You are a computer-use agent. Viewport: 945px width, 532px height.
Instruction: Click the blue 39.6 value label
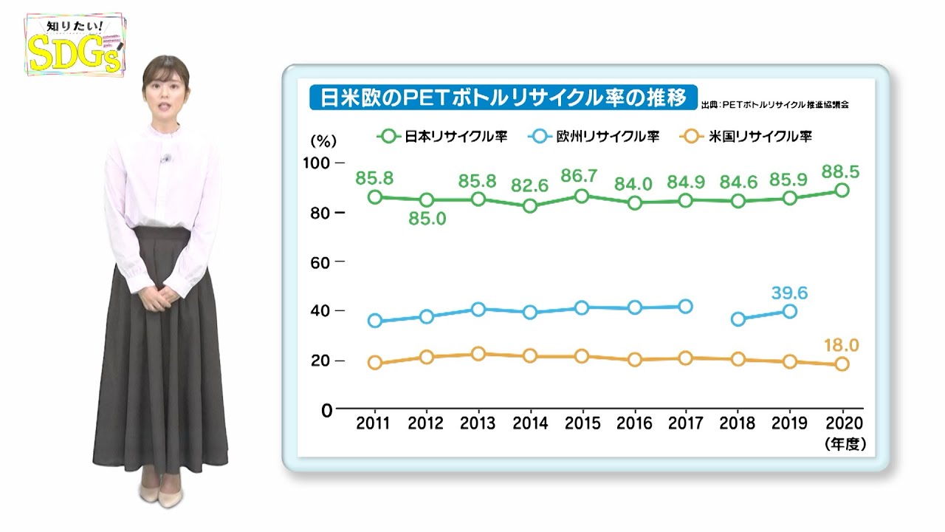point(789,293)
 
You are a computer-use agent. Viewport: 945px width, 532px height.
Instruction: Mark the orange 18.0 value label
point(841,346)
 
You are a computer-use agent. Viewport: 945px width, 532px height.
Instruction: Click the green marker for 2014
point(529,206)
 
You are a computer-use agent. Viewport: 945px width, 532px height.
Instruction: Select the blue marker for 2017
point(685,306)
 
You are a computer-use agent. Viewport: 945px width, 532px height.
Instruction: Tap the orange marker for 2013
point(478,353)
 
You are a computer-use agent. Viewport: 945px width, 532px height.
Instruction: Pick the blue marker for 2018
point(738,319)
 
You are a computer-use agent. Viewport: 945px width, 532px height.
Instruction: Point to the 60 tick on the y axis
point(321,262)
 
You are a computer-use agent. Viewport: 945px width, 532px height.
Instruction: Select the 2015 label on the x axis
point(582,424)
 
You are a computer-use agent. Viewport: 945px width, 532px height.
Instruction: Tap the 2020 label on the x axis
point(842,424)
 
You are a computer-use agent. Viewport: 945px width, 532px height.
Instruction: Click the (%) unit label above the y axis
point(323,140)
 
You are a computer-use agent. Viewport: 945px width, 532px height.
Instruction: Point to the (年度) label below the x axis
point(845,443)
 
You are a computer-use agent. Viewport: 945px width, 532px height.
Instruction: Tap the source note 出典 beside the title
point(774,104)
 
